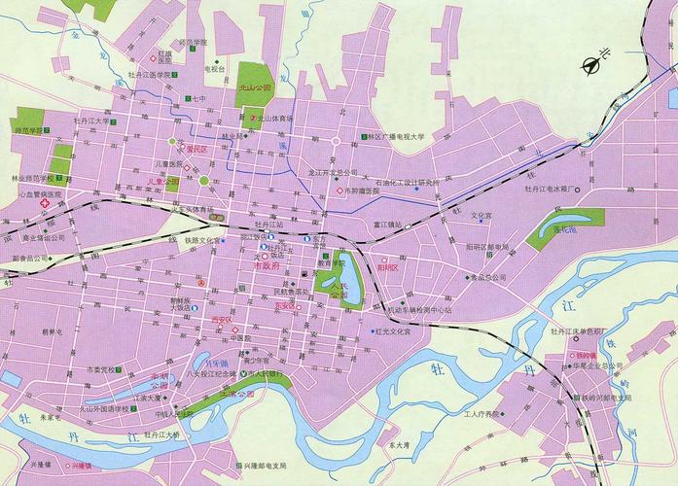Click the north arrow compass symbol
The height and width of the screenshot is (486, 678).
tap(590, 65)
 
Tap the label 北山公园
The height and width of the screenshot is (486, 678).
tap(255, 87)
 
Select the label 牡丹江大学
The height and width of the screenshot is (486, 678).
tap(92, 121)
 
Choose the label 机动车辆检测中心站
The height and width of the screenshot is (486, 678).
tap(419, 310)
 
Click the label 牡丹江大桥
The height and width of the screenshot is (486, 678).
tap(160, 434)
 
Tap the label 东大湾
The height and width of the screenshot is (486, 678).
tap(399, 445)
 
